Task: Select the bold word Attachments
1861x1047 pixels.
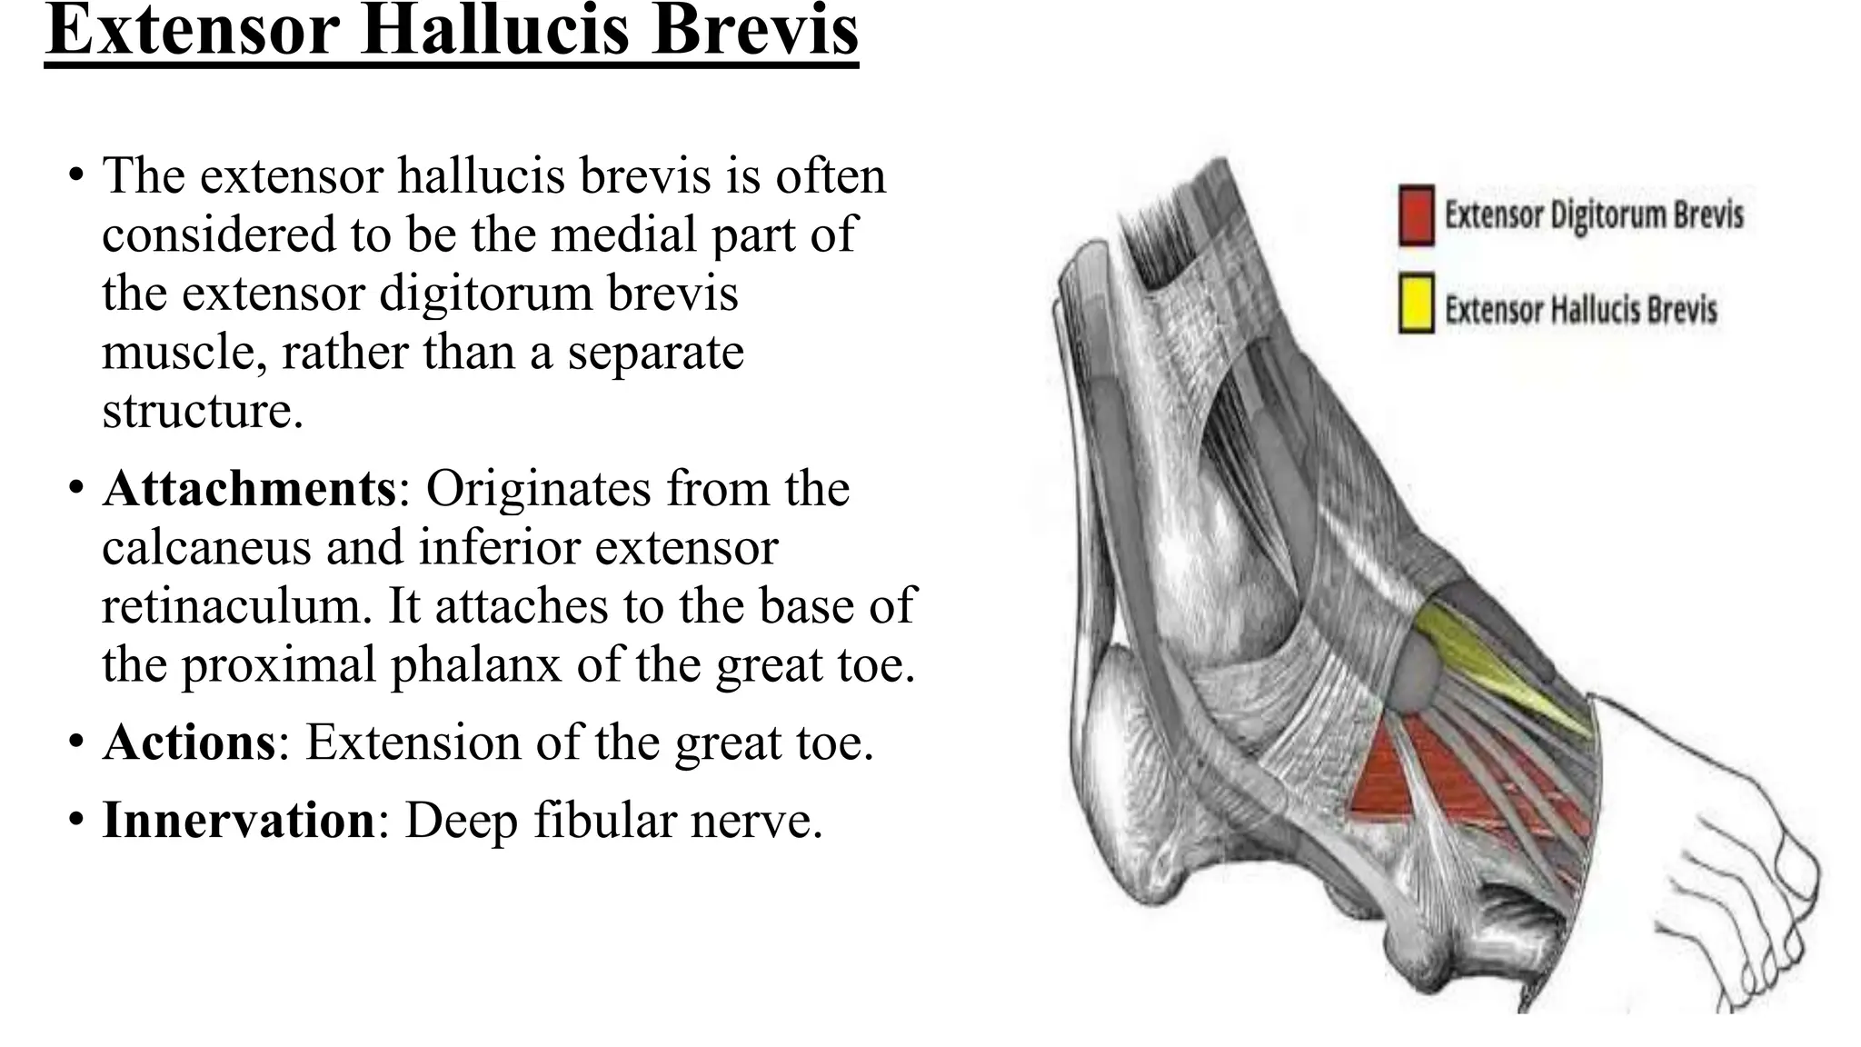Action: click(249, 489)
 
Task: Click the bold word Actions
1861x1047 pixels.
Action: click(189, 743)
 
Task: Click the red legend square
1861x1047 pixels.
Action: click(1417, 215)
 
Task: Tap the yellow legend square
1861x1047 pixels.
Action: click(1417, 304)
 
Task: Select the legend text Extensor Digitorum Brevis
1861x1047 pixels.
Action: click(1594, 215)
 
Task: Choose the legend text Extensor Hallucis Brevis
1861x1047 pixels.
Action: click(1580, 310)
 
